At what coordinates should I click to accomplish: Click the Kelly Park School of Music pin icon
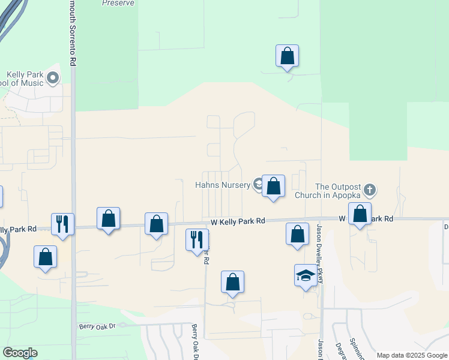[53, 77]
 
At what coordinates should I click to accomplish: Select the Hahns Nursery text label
[222, 185]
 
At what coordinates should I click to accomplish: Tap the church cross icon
[370, 190]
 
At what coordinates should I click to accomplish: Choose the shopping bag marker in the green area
[288, 56]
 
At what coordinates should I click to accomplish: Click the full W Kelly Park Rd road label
[238, 221]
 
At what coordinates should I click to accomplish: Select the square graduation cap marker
[305, 275]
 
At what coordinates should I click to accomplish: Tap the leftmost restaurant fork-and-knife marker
[62, 224]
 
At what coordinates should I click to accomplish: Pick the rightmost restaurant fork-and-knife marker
[197, 240]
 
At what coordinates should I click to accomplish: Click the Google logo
[20, 353]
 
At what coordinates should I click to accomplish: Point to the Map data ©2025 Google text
[412, 355]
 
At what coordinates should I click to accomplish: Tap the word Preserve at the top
[118, 3]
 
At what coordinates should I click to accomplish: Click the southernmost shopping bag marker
[232, 281]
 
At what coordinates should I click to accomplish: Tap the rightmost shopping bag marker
[360, 214]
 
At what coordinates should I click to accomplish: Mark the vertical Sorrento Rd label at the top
[73, 33]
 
